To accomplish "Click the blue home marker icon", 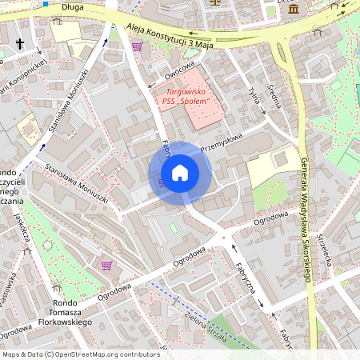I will (x=180, y=172).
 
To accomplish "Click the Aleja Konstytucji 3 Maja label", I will (x=171, y=34).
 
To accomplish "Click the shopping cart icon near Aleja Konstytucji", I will (x=137, y=46).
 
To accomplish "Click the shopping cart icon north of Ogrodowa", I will (x=107, y=265).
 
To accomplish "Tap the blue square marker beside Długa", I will (x=46, y=3).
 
